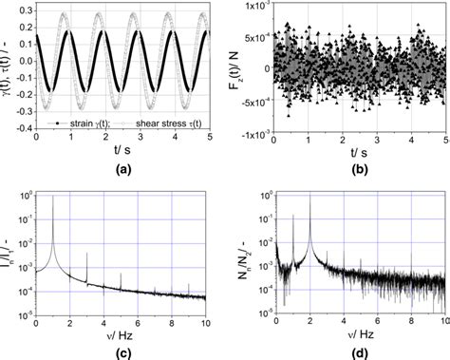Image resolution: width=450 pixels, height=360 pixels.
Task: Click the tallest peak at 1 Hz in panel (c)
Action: [x=52, y=197]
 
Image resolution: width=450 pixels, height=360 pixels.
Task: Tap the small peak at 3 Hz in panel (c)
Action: [x=87, y=255]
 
